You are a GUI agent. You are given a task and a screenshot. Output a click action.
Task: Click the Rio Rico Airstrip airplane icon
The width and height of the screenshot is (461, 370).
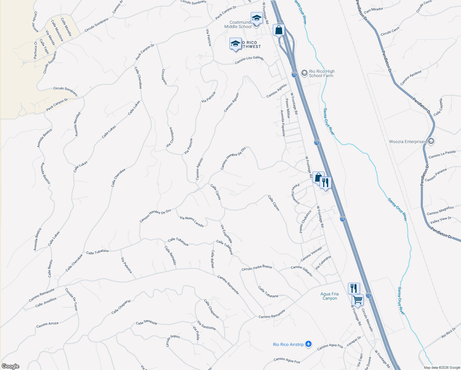(x=308, y=344)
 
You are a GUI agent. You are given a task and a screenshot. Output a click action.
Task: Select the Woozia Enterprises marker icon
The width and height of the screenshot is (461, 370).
(x=431, y=142)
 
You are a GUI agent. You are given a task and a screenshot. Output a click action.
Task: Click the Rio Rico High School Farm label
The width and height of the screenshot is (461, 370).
(x=321, y=73)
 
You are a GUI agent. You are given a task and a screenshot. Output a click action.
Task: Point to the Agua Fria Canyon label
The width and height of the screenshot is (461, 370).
(x=329, y=296)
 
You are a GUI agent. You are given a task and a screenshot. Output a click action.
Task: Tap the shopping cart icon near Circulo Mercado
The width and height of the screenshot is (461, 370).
(x=357, y=299)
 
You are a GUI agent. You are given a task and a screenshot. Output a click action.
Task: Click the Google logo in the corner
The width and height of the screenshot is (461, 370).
(x=10, y=366)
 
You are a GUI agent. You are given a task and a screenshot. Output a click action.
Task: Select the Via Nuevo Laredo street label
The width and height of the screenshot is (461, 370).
(x=192, y=222)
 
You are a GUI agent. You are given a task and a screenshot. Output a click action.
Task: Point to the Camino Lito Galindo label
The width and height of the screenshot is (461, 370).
(x=249, y=60)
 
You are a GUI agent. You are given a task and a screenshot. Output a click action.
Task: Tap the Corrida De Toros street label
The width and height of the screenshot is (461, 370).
(x=71, y=299)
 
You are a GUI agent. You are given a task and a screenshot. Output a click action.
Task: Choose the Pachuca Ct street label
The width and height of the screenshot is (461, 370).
(x=35, y=50)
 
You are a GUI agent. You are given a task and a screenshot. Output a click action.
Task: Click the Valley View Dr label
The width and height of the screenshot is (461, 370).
(x=440, y=220)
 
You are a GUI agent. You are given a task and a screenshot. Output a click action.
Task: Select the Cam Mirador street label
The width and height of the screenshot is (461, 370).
(x=373, y=10)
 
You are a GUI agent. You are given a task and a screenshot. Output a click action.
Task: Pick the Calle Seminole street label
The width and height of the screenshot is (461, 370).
(x=147, y=323)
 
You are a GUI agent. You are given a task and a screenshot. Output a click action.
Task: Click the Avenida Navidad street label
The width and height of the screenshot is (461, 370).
(x=77, y=124)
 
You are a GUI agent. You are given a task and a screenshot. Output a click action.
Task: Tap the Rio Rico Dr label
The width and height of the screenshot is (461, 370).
(x=448, y=333)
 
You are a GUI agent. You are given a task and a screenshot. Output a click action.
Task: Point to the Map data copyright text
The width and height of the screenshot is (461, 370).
(x=442, y=368)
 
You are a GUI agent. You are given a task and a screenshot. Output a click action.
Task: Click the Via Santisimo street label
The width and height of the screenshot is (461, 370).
(x=206, y=325)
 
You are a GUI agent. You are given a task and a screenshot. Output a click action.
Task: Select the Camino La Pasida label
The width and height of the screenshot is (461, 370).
(x=442, y=154)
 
